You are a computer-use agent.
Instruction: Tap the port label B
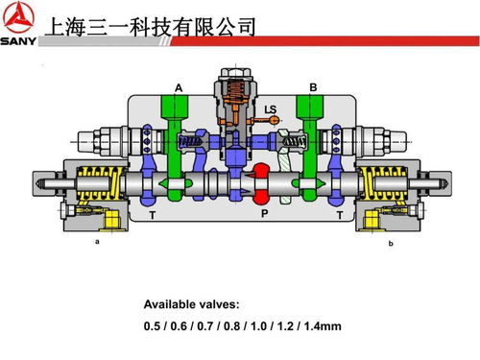(313, 87)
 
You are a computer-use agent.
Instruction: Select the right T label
(338, 217)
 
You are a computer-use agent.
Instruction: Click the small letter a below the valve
(96, 243)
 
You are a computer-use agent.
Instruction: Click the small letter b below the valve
(391, 244)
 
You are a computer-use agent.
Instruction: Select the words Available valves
(192, 304)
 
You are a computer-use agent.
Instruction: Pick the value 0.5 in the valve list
(153, 326)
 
